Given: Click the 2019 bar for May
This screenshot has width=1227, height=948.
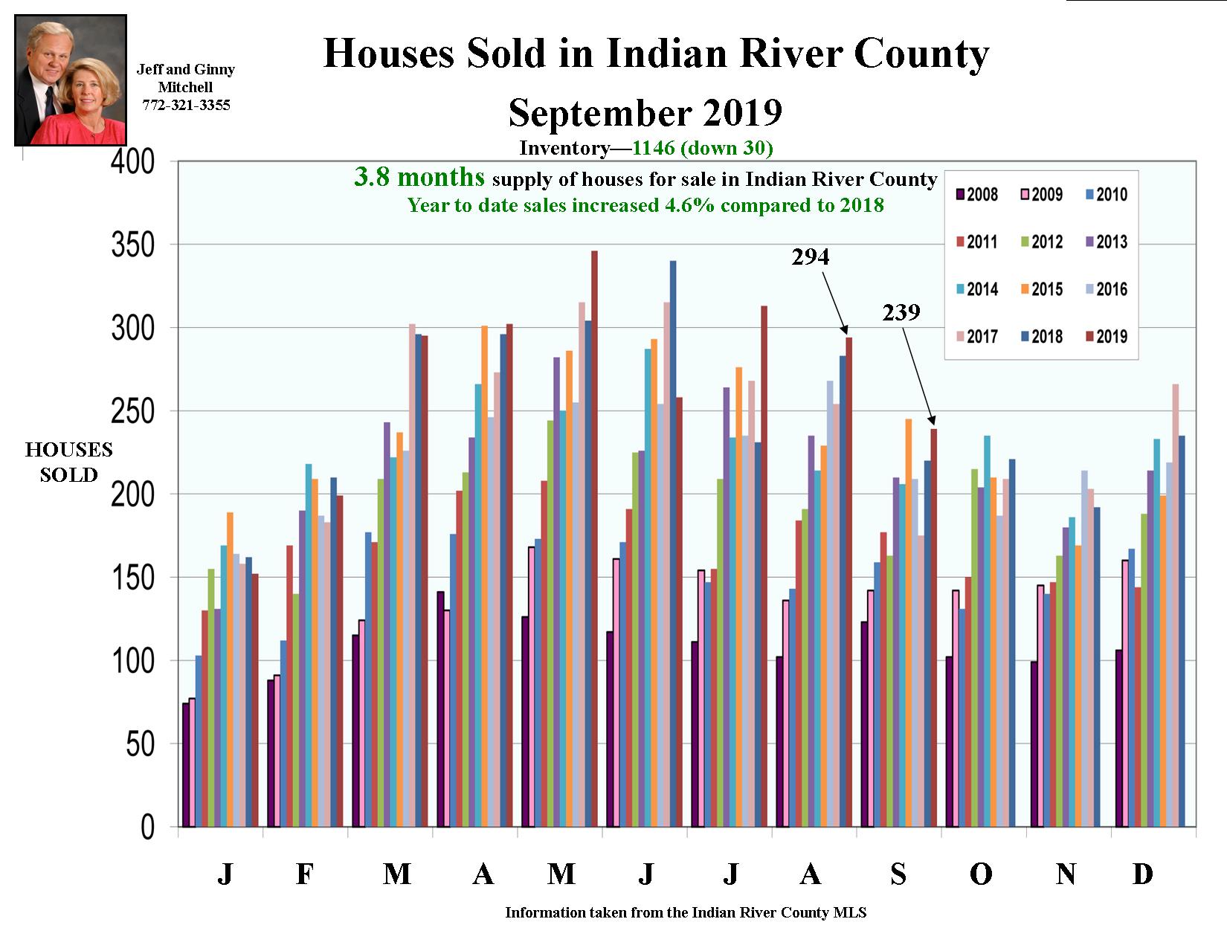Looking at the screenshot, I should tap(594, 539).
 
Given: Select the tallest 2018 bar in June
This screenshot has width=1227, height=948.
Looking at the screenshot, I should tap(673, 543).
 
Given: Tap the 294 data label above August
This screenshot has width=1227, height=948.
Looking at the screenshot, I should tap(810, 257).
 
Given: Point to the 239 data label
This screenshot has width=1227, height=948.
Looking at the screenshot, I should tap(901, 312).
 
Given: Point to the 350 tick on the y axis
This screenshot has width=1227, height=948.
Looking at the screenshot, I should tap(133, 245).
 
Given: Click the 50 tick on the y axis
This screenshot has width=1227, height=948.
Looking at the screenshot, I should tap(140, 744).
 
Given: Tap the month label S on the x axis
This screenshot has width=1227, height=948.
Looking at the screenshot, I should tap(898, 874).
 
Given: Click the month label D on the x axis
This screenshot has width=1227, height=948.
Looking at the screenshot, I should tap(1142, 874).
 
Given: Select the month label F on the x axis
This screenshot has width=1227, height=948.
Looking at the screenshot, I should tap(304, 874).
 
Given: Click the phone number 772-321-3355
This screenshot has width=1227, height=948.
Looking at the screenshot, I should tap(186, 106).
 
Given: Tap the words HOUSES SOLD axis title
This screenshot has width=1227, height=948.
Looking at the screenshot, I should tap(68, 462).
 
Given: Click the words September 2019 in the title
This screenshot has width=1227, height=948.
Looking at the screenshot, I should tap(645, 113).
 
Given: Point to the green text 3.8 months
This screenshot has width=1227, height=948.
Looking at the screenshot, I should tap(419, 178).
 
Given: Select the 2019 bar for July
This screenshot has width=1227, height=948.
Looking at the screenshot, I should tap(764, 565).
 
